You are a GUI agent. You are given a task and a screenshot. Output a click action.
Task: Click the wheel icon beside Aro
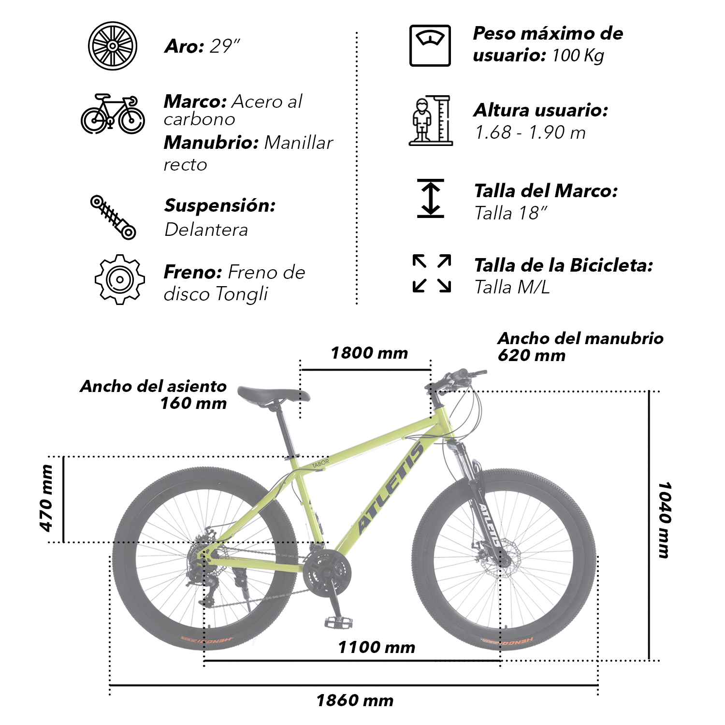pos(113,46)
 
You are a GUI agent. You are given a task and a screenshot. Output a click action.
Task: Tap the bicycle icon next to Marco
pos(113,114)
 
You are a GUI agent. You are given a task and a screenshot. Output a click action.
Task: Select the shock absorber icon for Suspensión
pos(113,217)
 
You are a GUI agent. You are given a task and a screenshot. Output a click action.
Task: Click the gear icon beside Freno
pos(119,279)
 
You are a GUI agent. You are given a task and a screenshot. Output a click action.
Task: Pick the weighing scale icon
pos(430,46)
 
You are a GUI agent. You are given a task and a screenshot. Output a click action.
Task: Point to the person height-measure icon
pos(431,120)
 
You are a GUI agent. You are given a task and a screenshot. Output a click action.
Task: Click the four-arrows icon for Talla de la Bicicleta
pos(432,274)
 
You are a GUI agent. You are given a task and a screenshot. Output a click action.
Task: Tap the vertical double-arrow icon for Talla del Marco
pos(431,198)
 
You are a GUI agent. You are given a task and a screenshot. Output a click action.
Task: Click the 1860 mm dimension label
pos(355,700)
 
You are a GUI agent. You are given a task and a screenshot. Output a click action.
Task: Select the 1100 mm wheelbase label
pos(377,647)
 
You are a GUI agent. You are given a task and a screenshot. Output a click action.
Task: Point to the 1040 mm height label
pos(665,520)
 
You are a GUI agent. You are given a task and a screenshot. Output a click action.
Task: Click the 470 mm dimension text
pos(46,498)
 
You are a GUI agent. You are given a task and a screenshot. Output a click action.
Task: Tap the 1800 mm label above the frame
pos(369,353)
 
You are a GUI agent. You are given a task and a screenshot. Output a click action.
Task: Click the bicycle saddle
pos(274,396)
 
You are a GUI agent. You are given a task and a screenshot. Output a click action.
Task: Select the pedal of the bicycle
pos(338,622)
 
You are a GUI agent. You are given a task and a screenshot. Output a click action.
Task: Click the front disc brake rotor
pos(505,560)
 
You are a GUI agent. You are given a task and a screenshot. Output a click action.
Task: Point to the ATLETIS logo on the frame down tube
pos(390,488)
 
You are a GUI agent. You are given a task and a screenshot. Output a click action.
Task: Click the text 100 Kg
pos(578,56)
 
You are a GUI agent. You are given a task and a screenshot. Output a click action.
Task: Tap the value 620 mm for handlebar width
pos(532,356)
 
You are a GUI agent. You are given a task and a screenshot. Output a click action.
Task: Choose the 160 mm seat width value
pos(193,403)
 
